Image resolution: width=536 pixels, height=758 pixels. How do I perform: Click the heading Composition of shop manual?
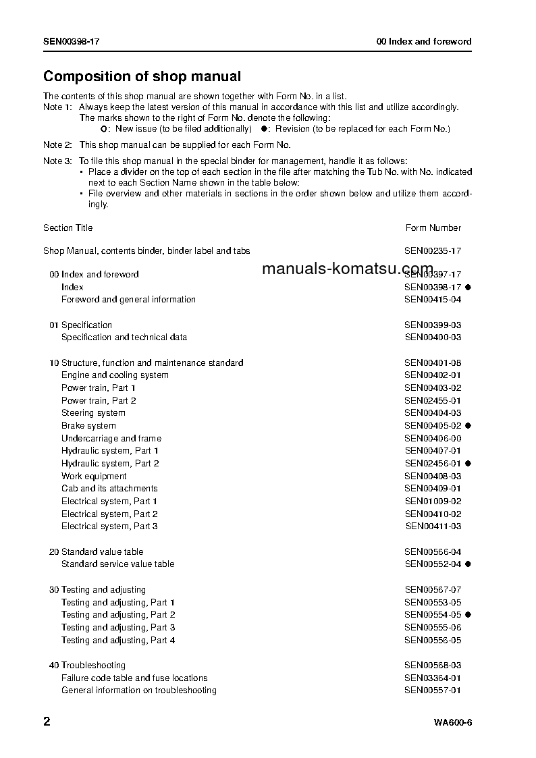click(142, 76)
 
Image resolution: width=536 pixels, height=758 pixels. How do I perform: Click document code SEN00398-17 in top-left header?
click(72, 41)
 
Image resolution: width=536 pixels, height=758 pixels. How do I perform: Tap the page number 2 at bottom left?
click(47, 722)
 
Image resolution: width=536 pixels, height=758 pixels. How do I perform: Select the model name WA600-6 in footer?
click(452, 723)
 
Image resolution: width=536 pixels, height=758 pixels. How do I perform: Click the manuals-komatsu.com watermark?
click(347, 269)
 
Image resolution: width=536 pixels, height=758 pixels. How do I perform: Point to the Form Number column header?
click(433, 227)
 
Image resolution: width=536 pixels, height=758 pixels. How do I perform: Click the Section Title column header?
click(68, 227)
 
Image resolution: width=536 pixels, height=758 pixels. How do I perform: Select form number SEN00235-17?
click(433, 250)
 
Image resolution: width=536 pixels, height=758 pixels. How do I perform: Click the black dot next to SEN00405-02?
click(468, 425)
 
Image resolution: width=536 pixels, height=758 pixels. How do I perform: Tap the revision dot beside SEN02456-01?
click(468, 463)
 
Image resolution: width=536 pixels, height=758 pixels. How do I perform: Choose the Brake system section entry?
click(88, 425)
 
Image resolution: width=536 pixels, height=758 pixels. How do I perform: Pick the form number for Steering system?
click(433, 412)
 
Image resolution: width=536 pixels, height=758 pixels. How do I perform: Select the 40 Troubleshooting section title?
click(88, 665)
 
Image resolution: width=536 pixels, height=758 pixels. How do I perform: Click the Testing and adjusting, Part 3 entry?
click(118, 627)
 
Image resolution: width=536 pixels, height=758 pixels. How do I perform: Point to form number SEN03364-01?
click(433, 678)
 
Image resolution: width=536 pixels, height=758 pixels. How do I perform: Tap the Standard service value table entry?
click(117, 564)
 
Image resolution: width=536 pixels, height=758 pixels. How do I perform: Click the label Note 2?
click(57, 144)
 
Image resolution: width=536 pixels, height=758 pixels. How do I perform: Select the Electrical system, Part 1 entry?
click(109, 501)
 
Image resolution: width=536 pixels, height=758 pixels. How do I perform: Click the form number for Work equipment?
click(433, 476)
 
